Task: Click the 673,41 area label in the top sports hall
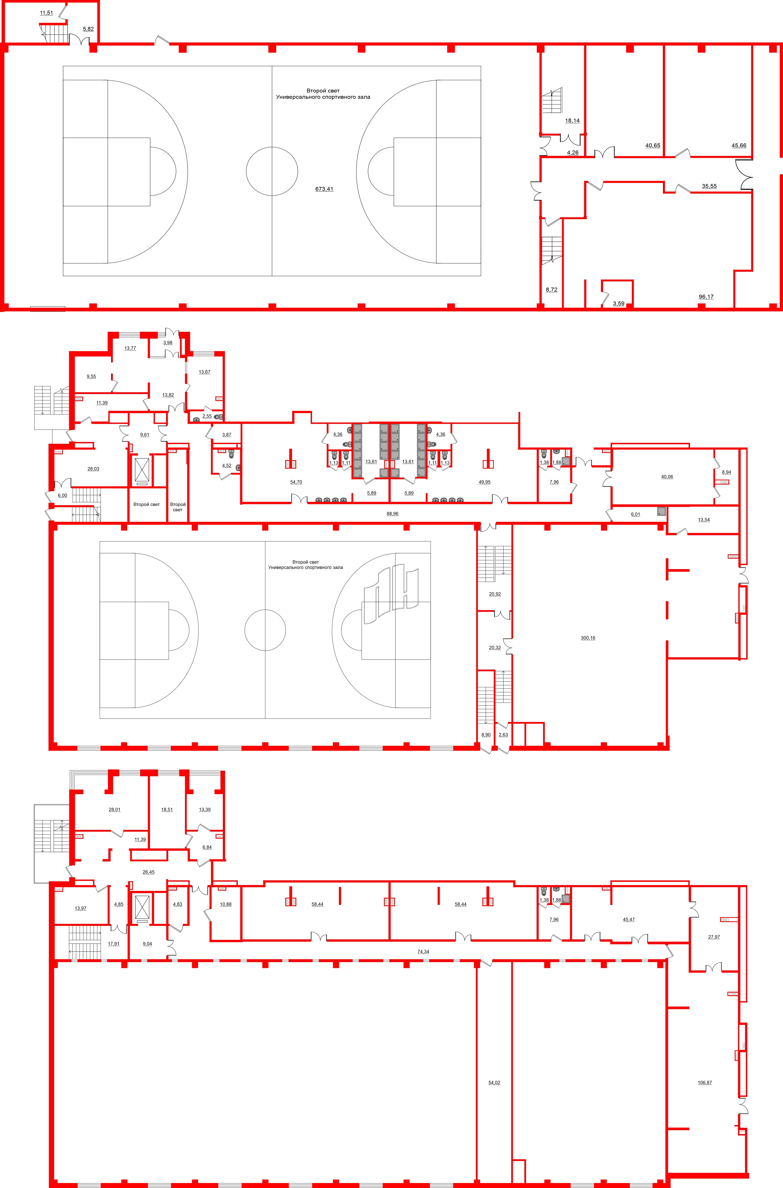[x=324, y=189]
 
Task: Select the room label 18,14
[x=572, y=120]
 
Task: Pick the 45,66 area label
[x=739, y=145]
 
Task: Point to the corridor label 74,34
[x=423, y=951]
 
